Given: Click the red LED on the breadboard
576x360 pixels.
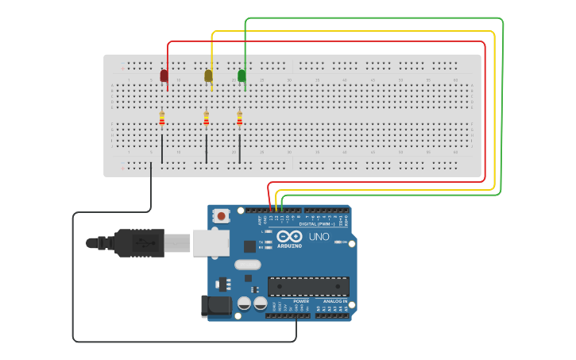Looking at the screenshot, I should click(164, 75).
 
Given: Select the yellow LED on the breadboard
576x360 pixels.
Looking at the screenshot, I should click(208, 75).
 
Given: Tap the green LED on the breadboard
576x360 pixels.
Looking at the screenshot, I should click(242, 75).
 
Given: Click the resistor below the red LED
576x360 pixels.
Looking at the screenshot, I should click(162, 119).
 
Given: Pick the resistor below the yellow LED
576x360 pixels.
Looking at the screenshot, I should click(207, 119).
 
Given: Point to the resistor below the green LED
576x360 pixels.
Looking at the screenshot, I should click(239, 119).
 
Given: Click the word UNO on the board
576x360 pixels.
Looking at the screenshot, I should click(319, 237).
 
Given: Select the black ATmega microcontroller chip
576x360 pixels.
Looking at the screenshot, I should click(308, 286).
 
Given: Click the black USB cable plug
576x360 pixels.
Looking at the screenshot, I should click(139, 243).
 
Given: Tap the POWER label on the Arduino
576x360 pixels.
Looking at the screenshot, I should click(301, 301).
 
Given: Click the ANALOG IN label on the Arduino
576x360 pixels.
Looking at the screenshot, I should click(331, 301).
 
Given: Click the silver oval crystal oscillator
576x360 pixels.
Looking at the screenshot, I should click(247, 265).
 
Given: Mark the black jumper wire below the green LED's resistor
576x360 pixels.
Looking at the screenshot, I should click(239, 149).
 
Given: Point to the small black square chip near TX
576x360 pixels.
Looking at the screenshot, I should click(250, 246).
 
